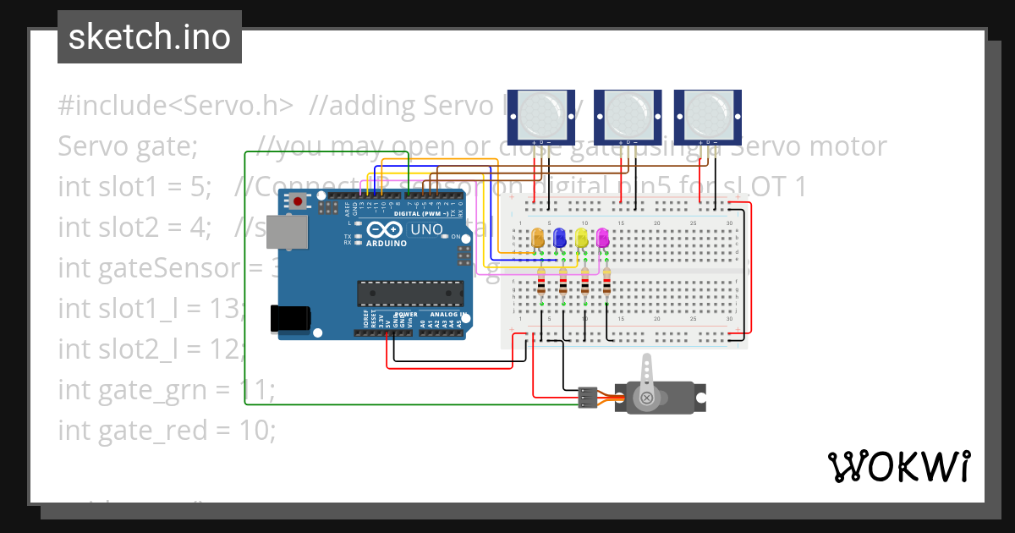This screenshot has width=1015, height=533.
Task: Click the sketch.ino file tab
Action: coord(149,37)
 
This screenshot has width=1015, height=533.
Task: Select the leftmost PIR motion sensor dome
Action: coord(539,112)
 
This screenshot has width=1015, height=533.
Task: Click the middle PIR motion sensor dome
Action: coord(627,112)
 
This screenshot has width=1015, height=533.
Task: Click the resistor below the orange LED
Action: coord(541,283)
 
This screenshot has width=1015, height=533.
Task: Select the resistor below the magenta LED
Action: coord(606,283)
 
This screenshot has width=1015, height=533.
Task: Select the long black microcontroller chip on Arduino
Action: coord(409,293)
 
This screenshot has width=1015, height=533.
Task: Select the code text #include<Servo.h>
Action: coord(176,106)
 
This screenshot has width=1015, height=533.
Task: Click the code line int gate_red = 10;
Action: coord(167,431)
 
